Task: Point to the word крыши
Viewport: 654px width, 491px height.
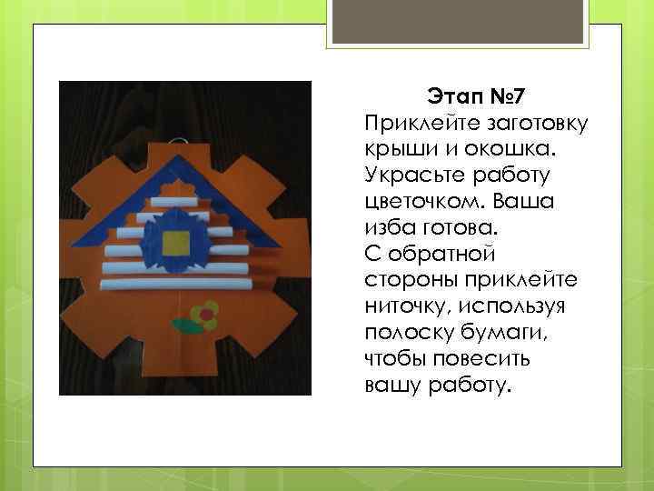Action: pyautogui.click(x=394, y=147)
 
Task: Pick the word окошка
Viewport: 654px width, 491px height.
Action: pyautogui.click(x=475, y=147)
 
